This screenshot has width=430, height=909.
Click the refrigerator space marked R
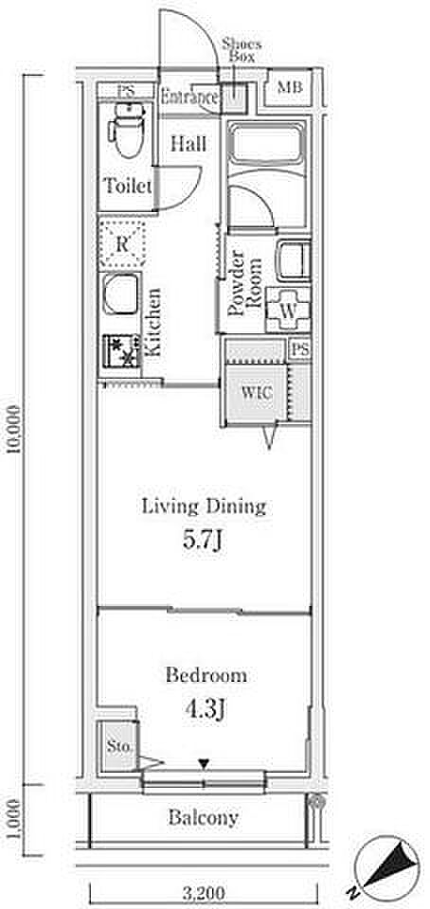point(121,243)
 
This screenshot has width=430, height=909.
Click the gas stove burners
point(121,354)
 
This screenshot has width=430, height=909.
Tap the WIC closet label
point(256,392)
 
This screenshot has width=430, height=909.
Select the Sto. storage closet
point(117,745)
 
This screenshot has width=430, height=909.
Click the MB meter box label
point(289,87)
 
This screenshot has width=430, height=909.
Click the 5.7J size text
point(204,541)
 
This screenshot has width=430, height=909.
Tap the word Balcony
point(204,818)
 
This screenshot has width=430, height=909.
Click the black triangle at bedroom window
point(204,765)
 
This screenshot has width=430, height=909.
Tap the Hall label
point(188,144)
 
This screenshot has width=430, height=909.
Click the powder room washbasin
point(293,260)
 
